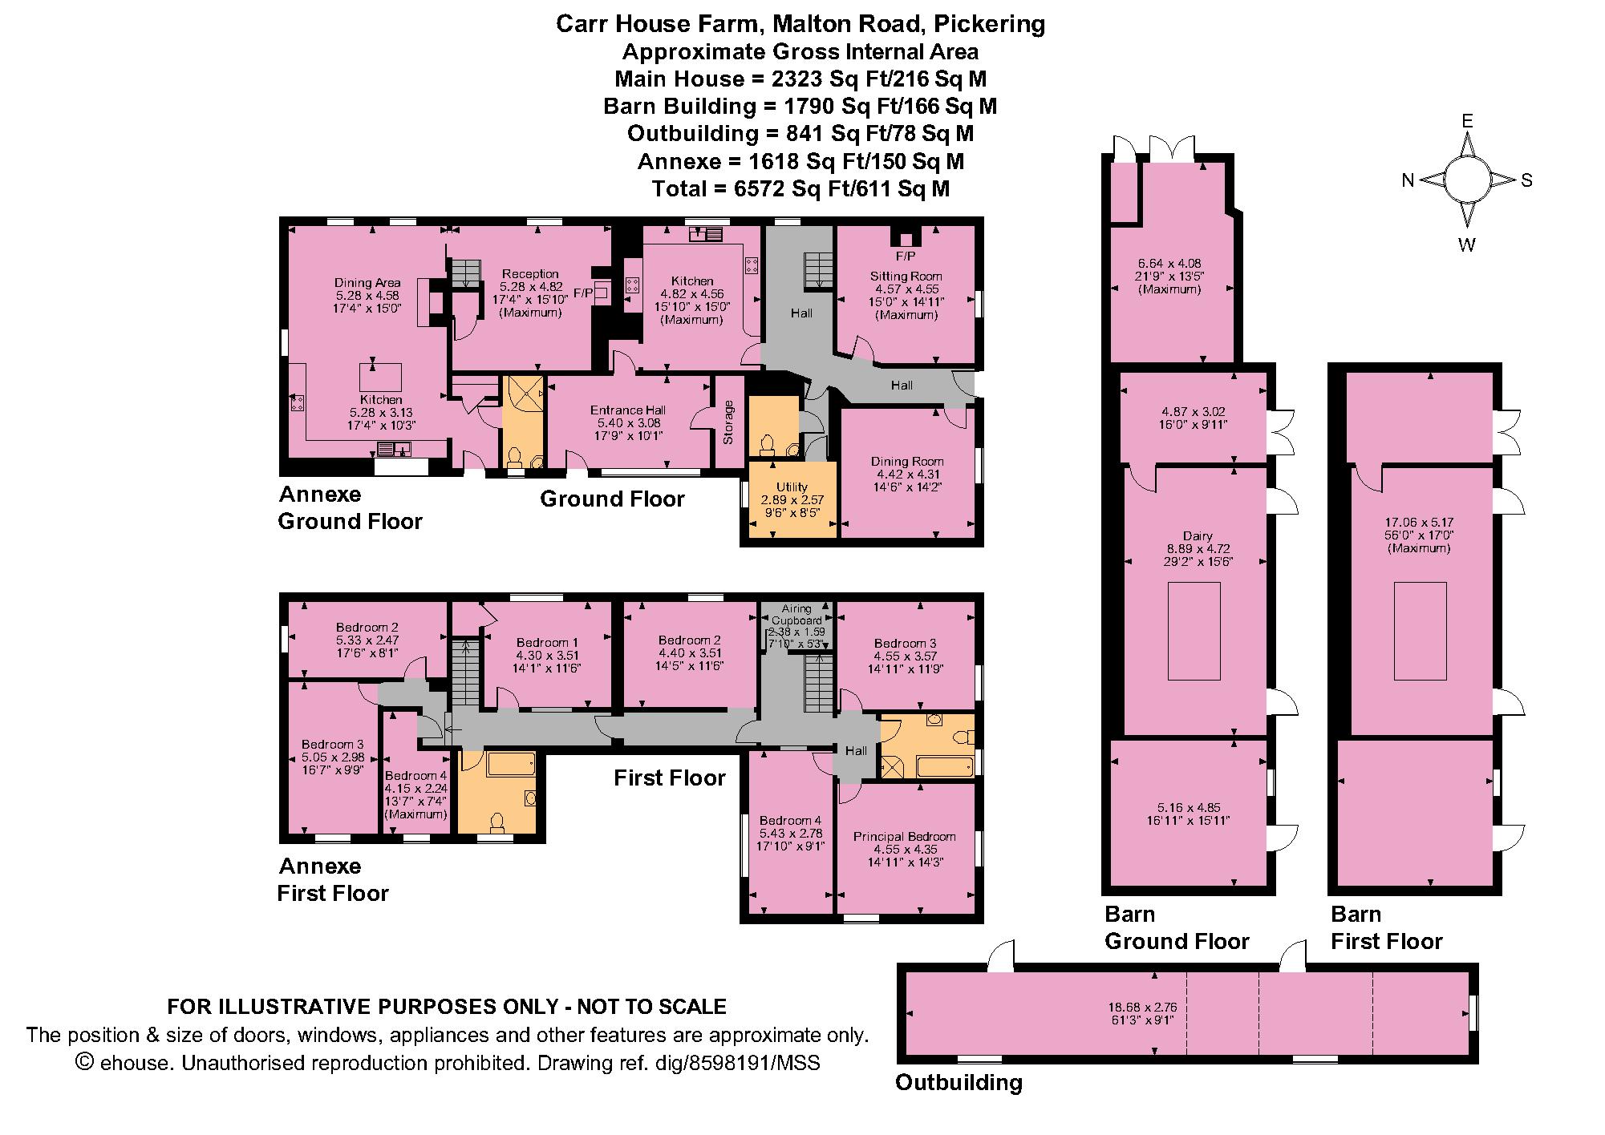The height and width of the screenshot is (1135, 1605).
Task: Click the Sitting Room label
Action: pos(905,277)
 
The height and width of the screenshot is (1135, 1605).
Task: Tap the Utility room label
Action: pos(792,487)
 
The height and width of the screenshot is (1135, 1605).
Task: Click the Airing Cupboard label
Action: pos(796,615)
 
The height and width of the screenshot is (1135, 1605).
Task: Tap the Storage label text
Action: pos(729,422)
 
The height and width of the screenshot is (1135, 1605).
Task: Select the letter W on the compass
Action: pos(1467,245)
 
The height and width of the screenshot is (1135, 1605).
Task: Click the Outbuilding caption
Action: pos(959,1083)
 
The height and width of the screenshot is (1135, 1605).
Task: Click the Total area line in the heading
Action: pos(800,188)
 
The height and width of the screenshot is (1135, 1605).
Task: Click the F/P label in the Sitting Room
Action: pos(906,256)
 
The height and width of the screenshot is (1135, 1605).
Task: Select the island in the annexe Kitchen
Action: pos(380,377)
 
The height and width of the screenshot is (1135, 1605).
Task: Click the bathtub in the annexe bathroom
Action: pos(511,763)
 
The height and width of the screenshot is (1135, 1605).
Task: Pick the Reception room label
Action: pos(529,274)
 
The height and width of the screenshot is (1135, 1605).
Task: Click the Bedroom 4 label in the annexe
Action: pos(415,775)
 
